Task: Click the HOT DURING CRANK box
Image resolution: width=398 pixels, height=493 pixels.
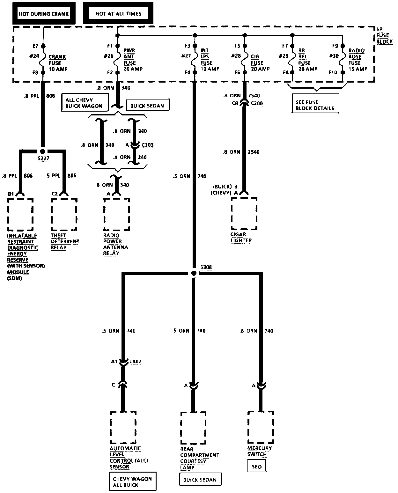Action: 44,13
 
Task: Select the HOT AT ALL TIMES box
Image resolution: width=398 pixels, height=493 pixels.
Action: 118,13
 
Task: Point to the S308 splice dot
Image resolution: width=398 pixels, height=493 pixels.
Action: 194,273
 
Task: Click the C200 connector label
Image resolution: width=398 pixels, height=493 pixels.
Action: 257,103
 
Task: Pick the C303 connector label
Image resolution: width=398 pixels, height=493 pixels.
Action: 147,145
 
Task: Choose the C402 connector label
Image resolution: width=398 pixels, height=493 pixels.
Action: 135,362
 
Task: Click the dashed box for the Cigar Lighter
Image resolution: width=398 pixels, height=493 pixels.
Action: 244,213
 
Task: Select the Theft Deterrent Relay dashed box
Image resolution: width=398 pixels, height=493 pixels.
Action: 64,214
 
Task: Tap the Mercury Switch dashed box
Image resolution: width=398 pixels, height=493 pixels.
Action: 261,427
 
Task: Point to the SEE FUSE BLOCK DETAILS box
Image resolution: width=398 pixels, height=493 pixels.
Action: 315,105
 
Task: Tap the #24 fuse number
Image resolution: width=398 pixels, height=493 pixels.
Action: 34,56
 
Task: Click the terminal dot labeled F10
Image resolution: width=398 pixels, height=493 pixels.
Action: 343,72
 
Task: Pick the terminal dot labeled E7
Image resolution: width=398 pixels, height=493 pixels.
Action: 42,46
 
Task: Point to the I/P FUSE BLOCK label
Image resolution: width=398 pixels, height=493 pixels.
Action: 384,36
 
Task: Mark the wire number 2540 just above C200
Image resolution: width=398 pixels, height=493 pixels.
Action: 254,95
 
